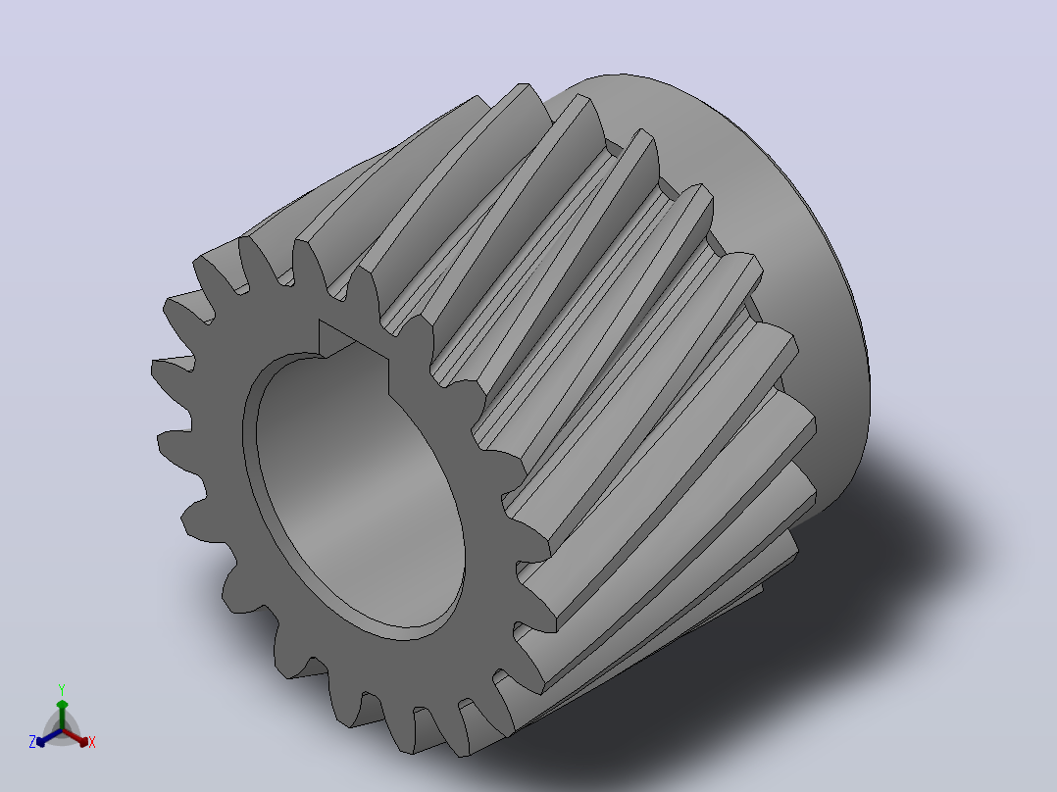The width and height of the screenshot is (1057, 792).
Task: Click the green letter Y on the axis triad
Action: click(x=62, y=689)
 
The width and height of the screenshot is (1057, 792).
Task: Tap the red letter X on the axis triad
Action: click(x=92, y=742)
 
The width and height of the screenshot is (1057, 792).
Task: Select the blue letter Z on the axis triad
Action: click(x=31, y=741)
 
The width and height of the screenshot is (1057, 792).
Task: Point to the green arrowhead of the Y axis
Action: click(x=62, y=705)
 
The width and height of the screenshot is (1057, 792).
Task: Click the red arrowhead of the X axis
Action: click(x=82, y=741)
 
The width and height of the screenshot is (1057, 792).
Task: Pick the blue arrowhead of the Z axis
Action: click(x=41, y=742)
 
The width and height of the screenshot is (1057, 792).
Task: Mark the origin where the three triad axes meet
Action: click(x=62, y=730)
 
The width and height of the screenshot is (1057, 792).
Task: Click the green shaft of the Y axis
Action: click(x=62, y=718)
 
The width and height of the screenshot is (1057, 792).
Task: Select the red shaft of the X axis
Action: click(x=72, y=736)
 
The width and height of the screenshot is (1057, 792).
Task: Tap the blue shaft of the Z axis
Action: click(x=52, y=737)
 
